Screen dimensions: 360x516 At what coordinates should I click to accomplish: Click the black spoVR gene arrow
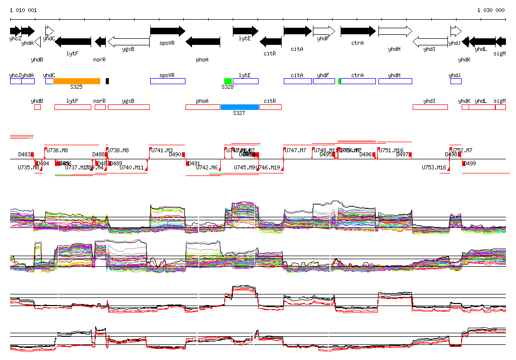pos(168,31)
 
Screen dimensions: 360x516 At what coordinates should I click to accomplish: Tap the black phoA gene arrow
pos(203,41)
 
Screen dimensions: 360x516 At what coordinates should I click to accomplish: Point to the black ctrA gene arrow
pos(358,31)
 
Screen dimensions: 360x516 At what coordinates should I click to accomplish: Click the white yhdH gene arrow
pos(395,31)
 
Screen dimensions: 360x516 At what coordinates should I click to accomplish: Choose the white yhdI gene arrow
pos(430,41)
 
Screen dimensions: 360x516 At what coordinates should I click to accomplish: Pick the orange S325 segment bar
pos(77,81)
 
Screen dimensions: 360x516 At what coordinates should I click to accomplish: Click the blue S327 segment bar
pos(239,107)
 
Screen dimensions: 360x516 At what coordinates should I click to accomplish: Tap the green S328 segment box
pos(228,81)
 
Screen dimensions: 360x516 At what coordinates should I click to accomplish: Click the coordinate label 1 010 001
pos(23,10)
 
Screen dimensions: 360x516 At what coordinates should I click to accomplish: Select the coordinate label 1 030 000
pos(491,10)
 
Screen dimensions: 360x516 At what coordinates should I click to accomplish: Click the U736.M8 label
pos(57,150)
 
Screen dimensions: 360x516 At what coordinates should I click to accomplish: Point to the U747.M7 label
pos(295,150)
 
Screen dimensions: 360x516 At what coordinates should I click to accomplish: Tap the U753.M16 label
pos(434,167)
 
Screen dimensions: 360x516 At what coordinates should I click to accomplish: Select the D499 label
pos(469,163)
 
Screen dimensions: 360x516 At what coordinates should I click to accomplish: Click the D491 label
pos(193,163)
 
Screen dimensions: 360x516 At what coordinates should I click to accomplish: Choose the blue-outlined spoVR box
pos(168,81)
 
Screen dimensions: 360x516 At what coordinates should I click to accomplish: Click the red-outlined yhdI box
pos(430,107)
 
